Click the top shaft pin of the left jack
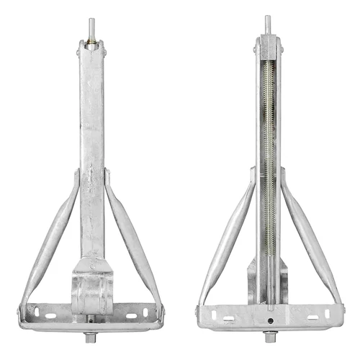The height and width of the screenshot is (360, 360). click(x=91, y=28)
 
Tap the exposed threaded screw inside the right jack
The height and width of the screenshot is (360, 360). click(x=268, y=144)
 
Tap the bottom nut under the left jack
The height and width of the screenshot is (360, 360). click(x=91, y=336)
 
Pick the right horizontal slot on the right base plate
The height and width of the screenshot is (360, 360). click(x=310, y=318)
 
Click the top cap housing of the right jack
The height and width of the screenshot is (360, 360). click(x=267, y=47)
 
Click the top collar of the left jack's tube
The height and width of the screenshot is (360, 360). click(x=91, y=49)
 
